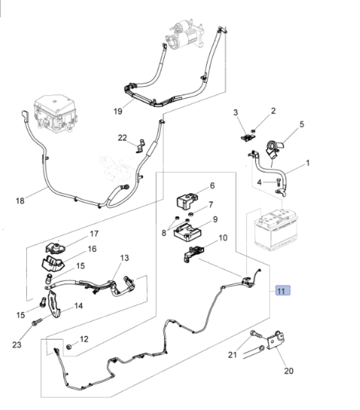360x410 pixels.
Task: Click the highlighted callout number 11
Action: click(283, 291)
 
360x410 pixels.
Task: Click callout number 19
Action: click(118, 111)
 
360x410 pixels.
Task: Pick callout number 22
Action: click(123, 138)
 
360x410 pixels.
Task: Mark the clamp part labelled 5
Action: click(273, 148)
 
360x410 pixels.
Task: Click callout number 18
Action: click(20, 200)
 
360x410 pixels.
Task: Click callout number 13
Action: click(124, 258)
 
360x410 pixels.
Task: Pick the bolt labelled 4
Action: click(279, 181)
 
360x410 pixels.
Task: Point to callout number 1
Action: click(308, 163)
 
